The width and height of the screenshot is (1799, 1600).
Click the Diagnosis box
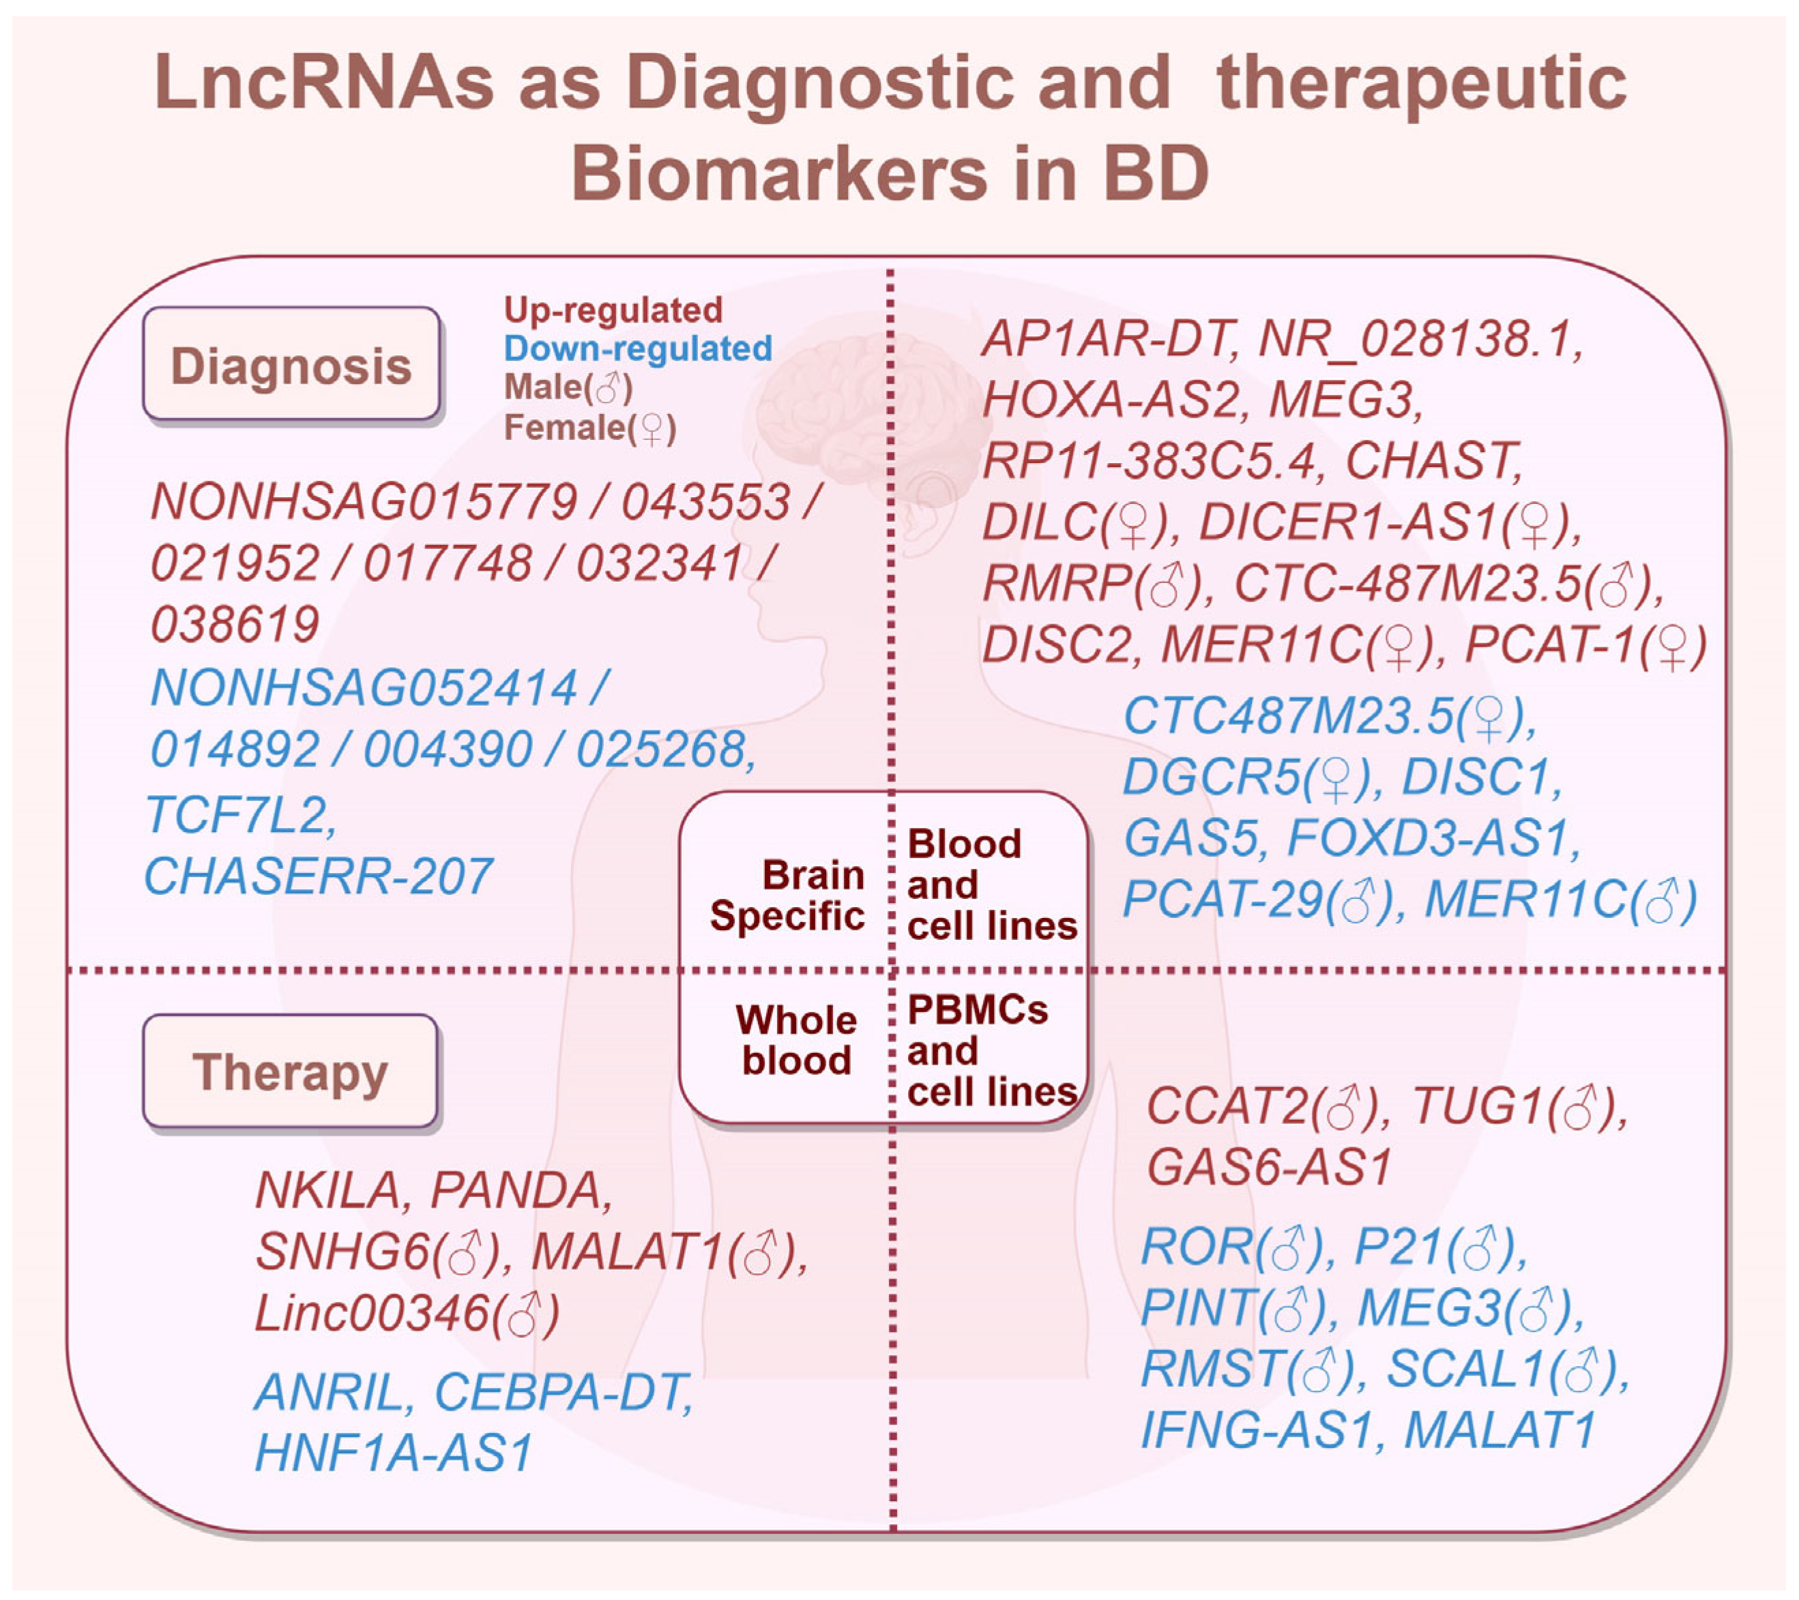291,364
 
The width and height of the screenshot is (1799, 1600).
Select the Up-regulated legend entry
613,310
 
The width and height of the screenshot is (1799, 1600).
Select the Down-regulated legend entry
637,349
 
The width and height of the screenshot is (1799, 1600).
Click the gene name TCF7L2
240,814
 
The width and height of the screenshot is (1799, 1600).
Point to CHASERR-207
318,876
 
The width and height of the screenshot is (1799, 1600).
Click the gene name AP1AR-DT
1109,339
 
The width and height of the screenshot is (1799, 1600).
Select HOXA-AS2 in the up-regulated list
1110,400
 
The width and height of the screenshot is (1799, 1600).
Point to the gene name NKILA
327,1190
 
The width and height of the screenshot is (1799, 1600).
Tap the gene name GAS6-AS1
1268,1168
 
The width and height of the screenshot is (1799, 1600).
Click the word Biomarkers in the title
779,173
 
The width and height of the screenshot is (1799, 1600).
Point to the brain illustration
871,414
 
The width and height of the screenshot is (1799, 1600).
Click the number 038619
235,625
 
